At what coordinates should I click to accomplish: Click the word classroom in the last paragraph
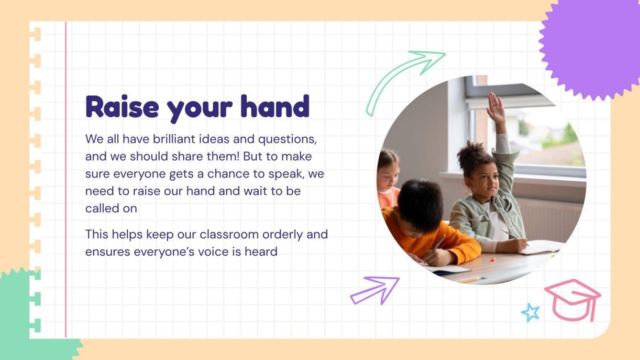pyautogui.click(x=224, y=235)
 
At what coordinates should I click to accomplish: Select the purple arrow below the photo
pyautogui.click(x=375, y=289)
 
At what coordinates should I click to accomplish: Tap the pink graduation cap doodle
pyautogui.click(x=573, y=299)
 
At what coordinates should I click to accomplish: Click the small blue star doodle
pyautogui.click(x=530, y=313)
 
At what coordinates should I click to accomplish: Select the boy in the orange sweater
pyautogui.click(x=426, y=225)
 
